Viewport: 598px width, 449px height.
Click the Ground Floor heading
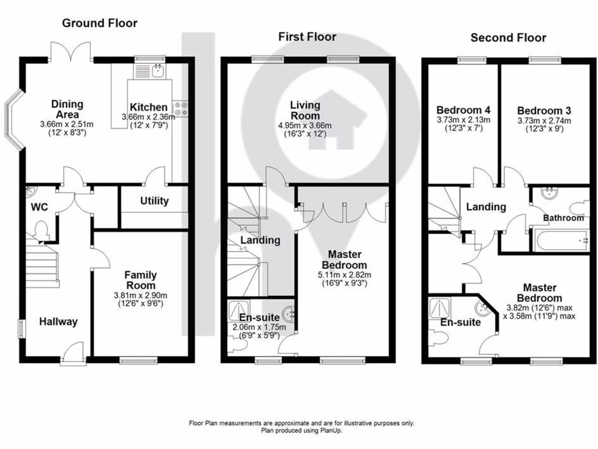pos(100,23)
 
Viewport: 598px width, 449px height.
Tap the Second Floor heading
pos(508,38)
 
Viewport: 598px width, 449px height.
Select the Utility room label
pos(154,201)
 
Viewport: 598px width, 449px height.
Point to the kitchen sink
pos(157,71)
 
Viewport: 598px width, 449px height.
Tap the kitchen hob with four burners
pos(180,108)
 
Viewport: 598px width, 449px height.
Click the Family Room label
pos(141,280)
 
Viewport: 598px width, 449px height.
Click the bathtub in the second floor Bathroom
pos(560,240)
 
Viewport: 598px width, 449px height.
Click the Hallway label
pos(58,322)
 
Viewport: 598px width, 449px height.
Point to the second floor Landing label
pos(485,207)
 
